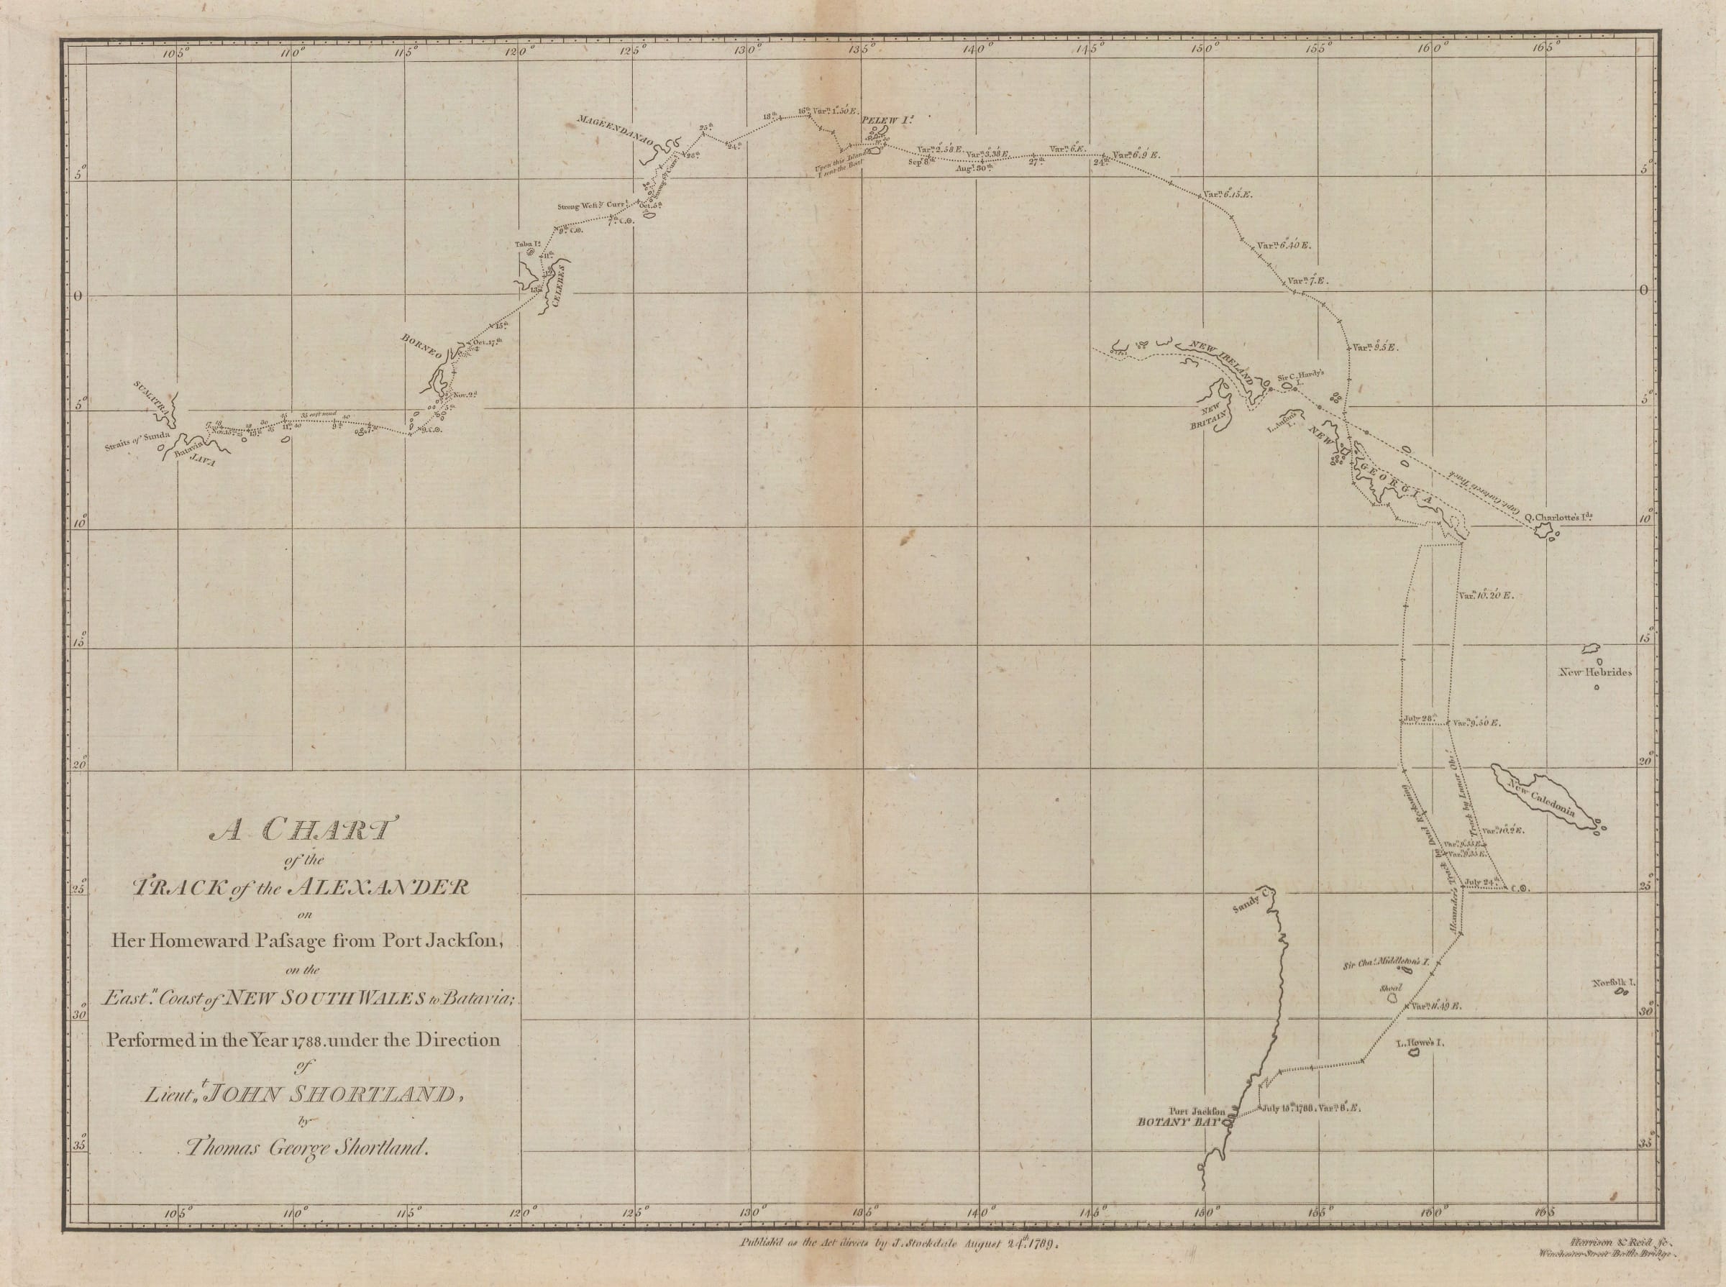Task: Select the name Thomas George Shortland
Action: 304,1147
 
